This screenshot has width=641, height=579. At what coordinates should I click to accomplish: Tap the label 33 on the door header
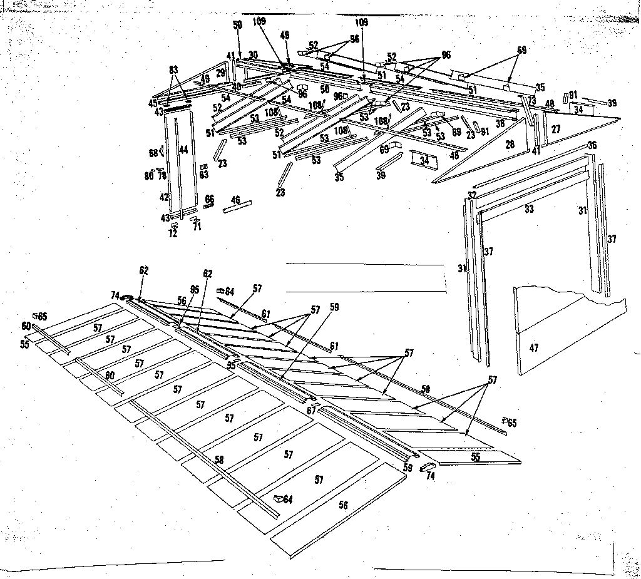point(529,210)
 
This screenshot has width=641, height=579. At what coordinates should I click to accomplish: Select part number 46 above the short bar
point(235,200)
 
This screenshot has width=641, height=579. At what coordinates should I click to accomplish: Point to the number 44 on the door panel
point(183,150)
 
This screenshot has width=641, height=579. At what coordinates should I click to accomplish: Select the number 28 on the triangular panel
point(510,145)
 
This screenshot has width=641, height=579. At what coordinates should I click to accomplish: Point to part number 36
point(592,146)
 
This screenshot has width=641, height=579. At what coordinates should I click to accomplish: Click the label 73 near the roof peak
point(531,100)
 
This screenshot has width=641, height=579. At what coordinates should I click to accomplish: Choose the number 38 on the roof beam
point(500,124)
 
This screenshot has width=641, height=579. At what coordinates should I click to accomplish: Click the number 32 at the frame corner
point(473,195)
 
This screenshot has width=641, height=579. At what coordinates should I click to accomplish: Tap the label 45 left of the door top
point(153,103)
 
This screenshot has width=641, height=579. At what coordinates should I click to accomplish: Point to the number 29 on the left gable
point(220,73)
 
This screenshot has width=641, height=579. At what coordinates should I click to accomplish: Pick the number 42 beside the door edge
point(164,197)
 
